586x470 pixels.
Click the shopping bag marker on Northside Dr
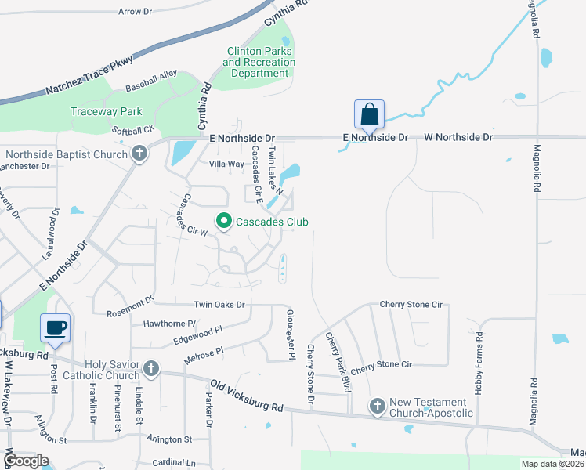370,114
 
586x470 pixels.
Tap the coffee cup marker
55,328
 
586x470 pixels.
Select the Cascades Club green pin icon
223,222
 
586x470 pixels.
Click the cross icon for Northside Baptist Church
139,154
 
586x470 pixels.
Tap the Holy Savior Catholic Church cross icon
151,367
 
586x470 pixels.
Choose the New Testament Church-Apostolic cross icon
377,406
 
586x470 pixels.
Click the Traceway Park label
106,111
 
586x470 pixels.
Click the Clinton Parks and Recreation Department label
259,62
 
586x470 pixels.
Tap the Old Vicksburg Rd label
247,396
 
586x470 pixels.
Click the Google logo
26,460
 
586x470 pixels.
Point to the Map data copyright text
552,464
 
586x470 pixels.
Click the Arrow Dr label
135,12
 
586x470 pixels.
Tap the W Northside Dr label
458,137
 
